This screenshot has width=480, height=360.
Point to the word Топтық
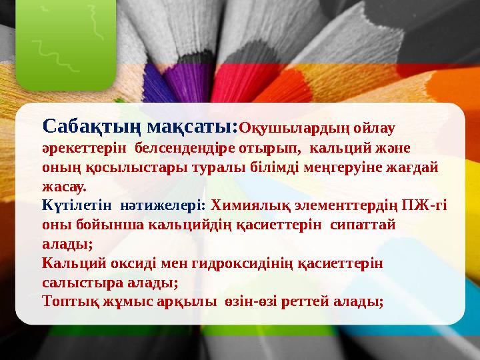point(66,301)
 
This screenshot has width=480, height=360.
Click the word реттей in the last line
point(313,301)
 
